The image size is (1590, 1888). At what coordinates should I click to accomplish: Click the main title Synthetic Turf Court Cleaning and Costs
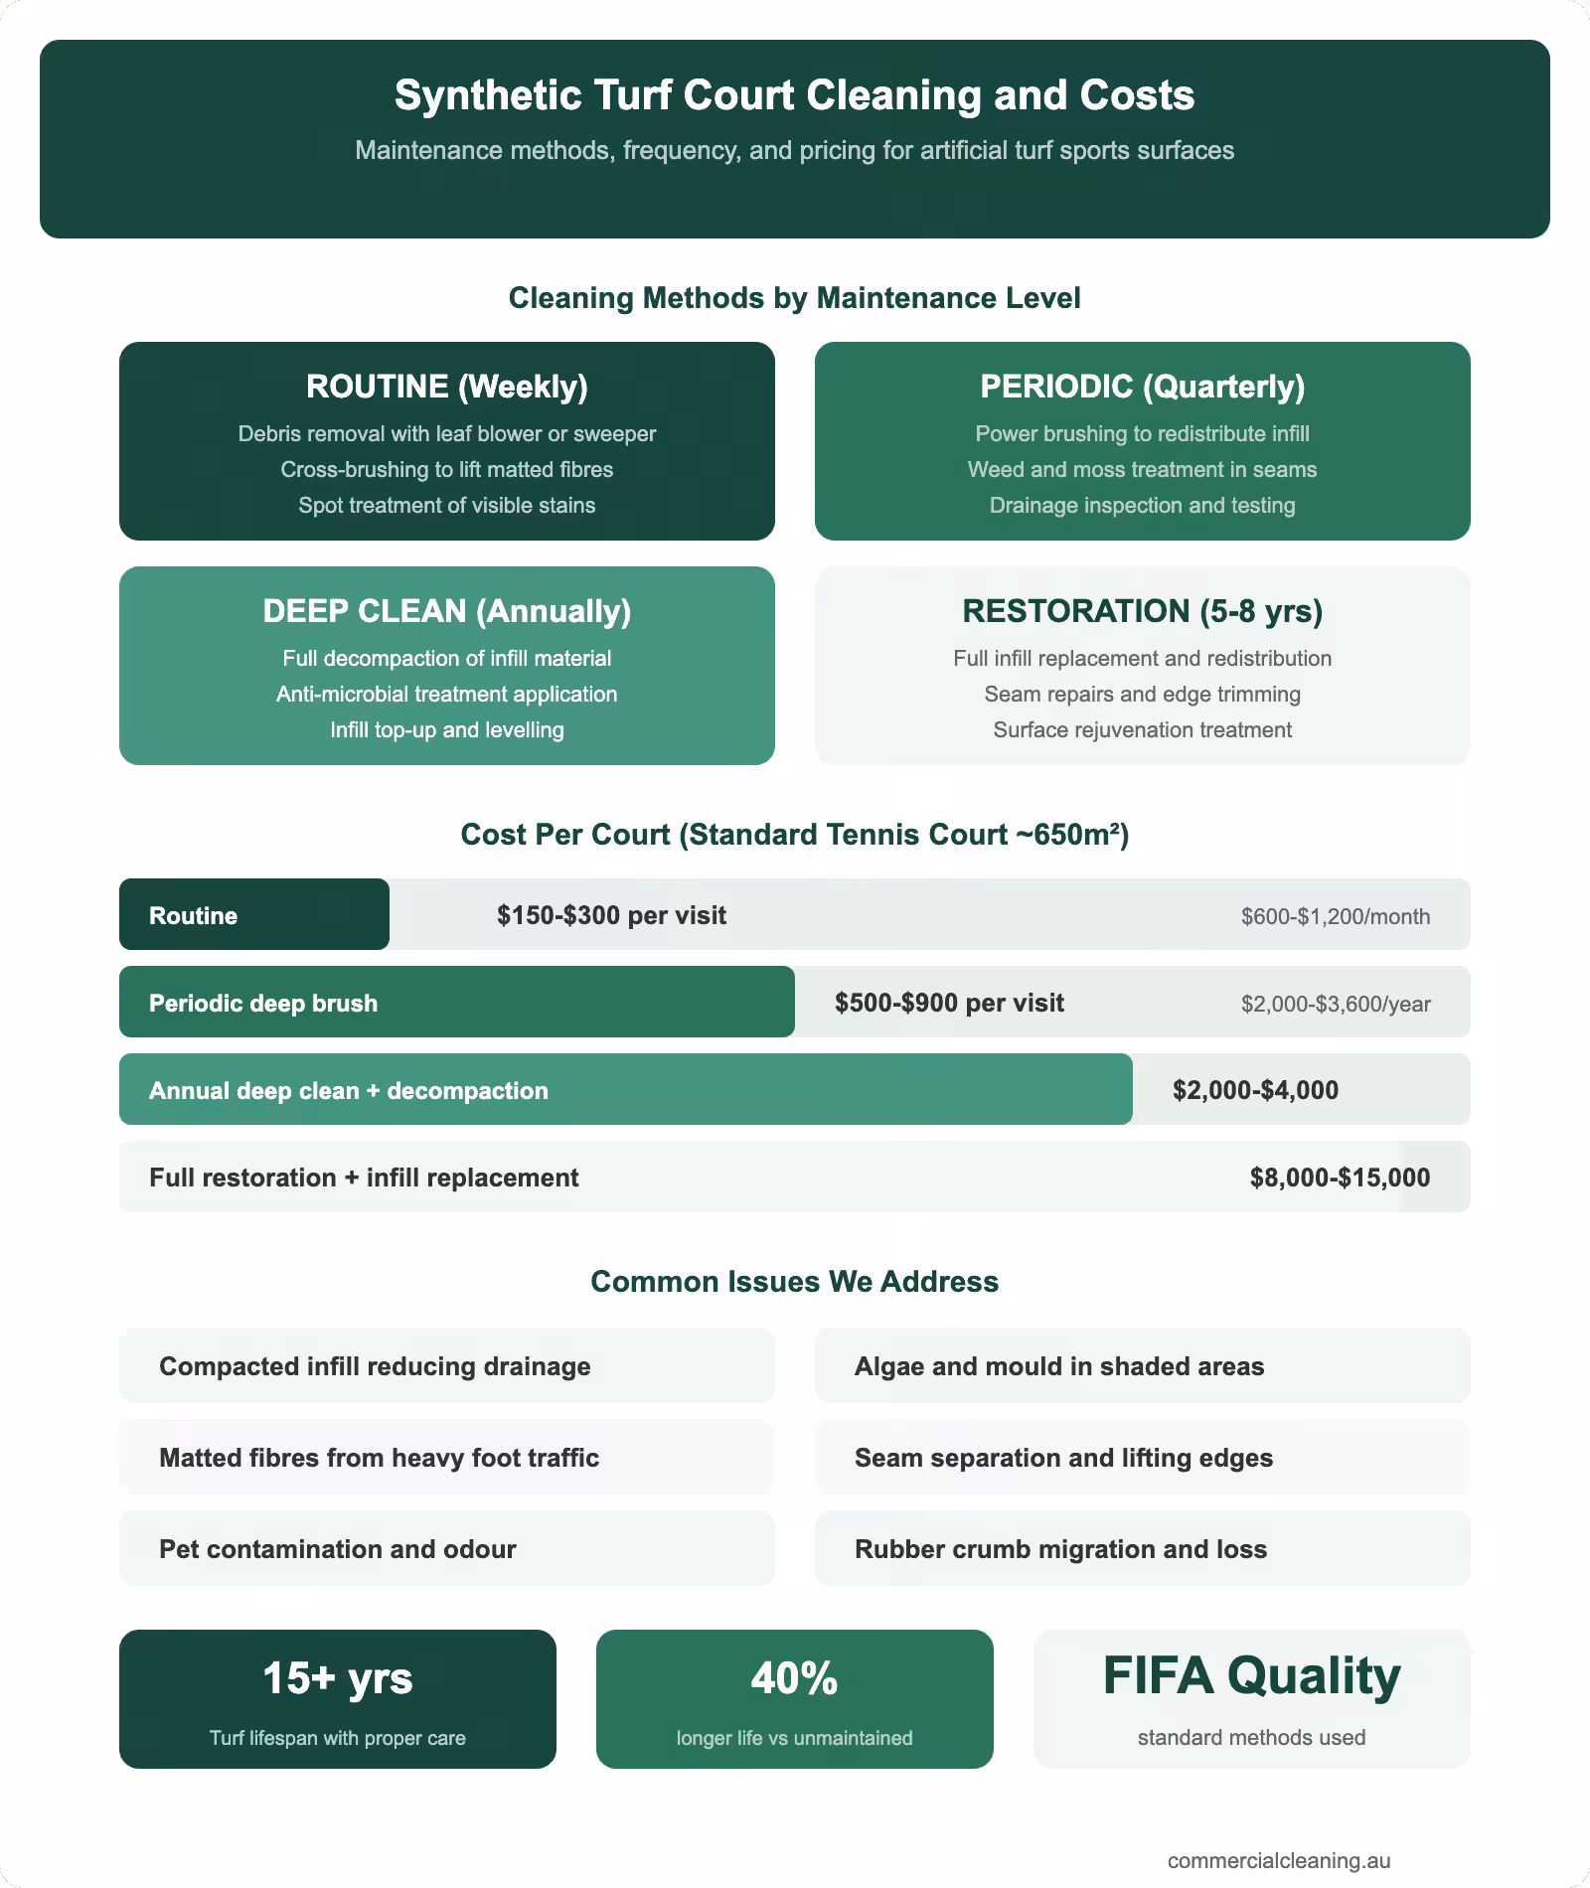pyautogui.click(x=794, y=96)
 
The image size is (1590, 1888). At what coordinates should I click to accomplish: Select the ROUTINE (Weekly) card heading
pyautogui.click(x=446, y=387)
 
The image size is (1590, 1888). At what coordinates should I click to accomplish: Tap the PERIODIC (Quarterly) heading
pyautogui.click(x=1142, y=387)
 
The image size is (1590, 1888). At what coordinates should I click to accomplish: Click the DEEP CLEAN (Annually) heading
pyautogui.click(x=446, y=611)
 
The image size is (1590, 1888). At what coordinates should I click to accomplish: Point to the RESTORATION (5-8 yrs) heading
pyautogui.click(x=1142, y=611)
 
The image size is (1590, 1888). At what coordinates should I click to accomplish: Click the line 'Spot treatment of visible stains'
pyautogui.click(x=446, y=505)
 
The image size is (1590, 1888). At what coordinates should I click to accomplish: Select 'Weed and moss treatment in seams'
pyautogui.click(x=1142, y=469)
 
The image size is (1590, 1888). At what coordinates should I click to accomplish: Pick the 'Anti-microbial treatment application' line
pyautogui.click(x=446, y=694)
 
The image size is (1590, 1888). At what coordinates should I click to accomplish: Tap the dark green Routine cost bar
pyautogui.click(x=254, y=914)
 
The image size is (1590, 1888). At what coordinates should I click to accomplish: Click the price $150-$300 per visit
pyautogui.click(x=611, y=915)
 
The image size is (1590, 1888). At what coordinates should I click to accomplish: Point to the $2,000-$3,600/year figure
pyautogui.click(x=1336, y=1004)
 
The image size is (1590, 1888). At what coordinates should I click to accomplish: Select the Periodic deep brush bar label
pyautogui.click(x=263, y=1003)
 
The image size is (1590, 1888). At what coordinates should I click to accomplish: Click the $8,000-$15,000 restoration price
pyautogui.click(x=1340, y=1178)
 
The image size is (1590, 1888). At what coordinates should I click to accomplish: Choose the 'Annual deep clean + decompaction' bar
pyautogui.click(x=626, y=1089)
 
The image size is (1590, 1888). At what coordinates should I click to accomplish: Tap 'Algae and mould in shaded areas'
pyautogui.click(x=1059, y=1366)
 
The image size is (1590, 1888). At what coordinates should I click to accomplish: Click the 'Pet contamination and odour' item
pyautogui.click(x=338, y=1549)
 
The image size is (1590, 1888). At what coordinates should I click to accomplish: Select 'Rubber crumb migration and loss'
pyautogui.click(x=1060, y=1549)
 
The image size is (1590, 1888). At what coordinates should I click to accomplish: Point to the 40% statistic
pyautogui.click(x=794, y=1679)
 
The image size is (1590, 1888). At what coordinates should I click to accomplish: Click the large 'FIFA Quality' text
pyautogui.click(x=1251, y=1676)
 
